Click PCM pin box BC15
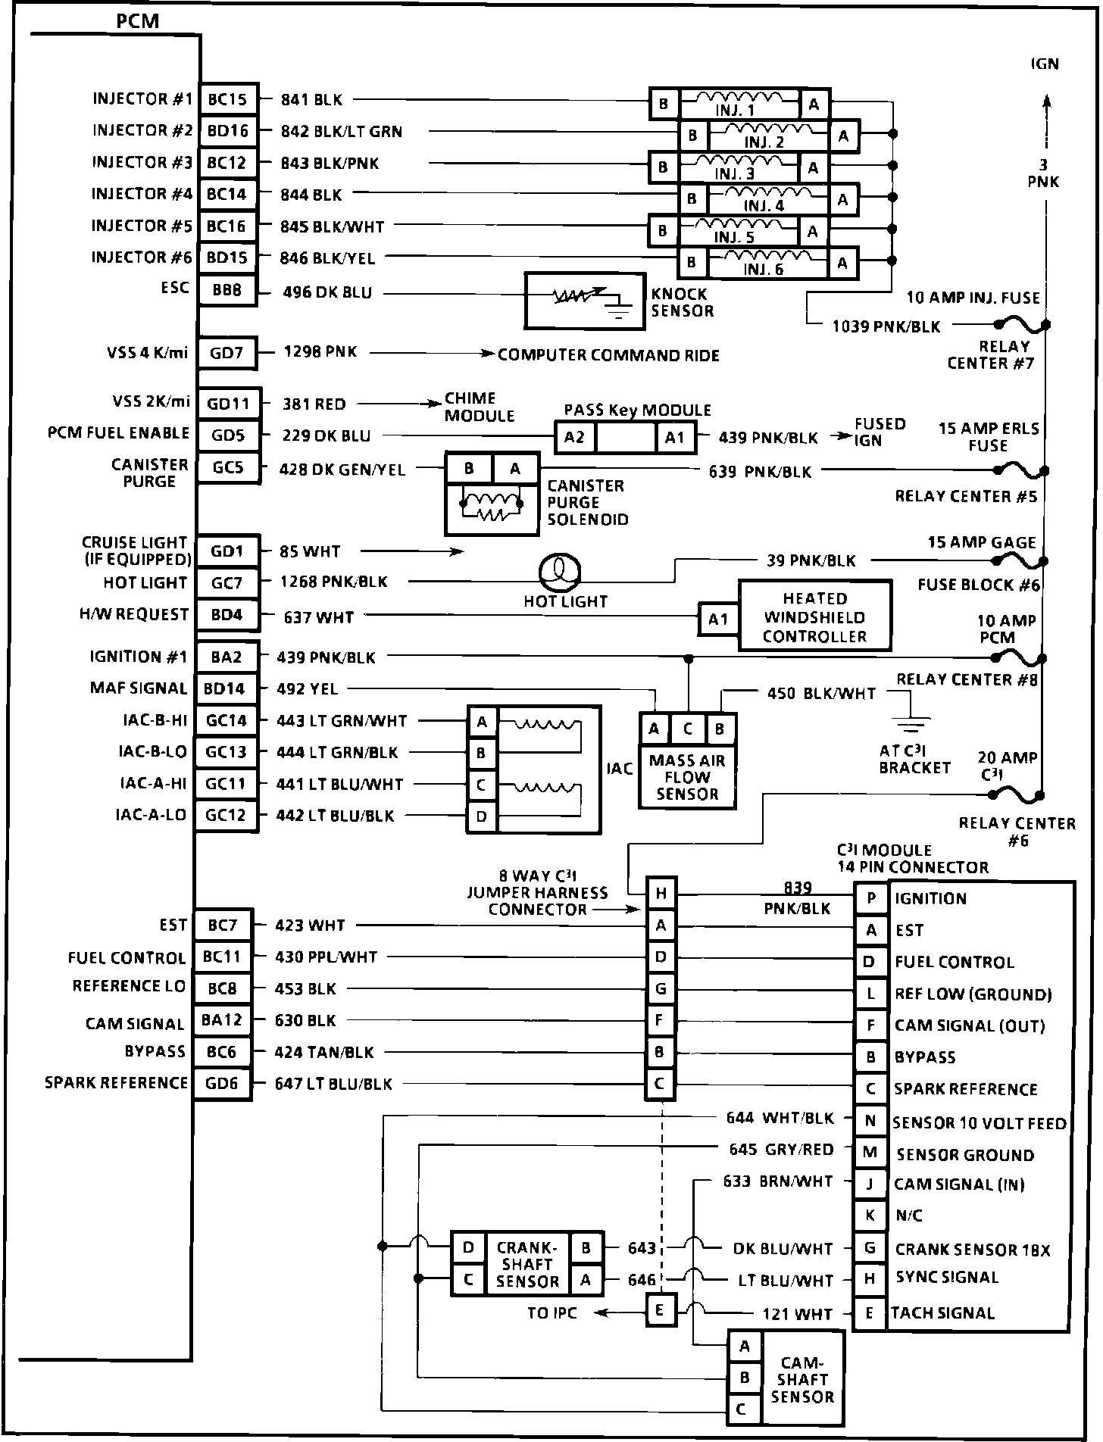227,99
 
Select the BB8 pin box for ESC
227,289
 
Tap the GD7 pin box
227,353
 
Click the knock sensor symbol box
585,301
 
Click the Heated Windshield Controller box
814,616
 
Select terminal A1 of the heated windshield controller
718,619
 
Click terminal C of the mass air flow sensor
688,729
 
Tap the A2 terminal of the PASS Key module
575,437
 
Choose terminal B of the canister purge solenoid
469,469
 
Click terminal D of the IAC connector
481,816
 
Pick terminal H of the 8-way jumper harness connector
661,894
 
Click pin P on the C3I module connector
871,898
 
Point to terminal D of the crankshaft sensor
469,1247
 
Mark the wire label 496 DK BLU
327,292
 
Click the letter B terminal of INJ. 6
691,263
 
